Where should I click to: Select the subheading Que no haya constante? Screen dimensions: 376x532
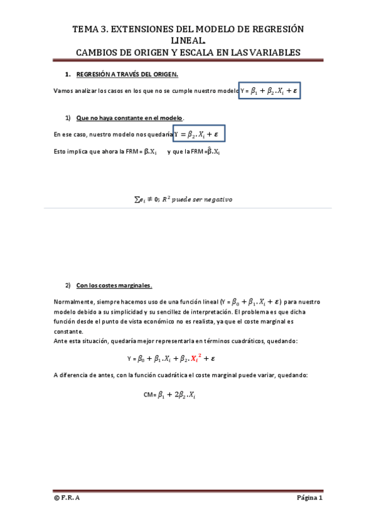click(129, 118)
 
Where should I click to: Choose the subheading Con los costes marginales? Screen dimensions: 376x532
click(114, 285)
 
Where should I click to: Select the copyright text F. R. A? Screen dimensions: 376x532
click(67, 499)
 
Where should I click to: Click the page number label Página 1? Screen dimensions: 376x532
click(309, 499)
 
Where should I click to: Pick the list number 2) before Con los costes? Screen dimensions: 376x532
click(68, 285)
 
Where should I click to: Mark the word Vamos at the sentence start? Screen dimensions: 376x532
click(63, 92)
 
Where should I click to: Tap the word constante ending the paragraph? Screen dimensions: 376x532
click(68, 331)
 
